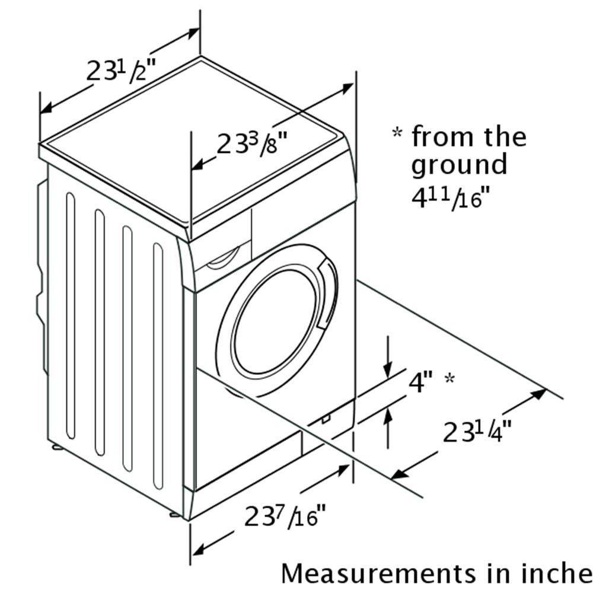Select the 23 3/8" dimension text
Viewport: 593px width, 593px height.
pos(252,142)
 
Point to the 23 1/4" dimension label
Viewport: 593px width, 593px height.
pos(477,431)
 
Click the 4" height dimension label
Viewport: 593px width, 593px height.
pos(420,382)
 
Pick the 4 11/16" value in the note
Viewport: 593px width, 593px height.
pos(451,199)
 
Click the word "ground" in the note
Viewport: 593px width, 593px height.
pos(459,165)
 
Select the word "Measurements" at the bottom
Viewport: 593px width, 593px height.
pos(378,573)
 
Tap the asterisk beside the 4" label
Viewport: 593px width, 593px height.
pos(449,378)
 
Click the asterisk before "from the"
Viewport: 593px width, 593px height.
pos(397,133)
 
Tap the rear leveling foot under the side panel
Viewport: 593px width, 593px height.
pos(58,447)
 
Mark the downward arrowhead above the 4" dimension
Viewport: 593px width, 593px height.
pos(388,370)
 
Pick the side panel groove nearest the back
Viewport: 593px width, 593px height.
pos(71,316)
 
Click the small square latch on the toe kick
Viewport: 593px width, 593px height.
pos(326,418)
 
